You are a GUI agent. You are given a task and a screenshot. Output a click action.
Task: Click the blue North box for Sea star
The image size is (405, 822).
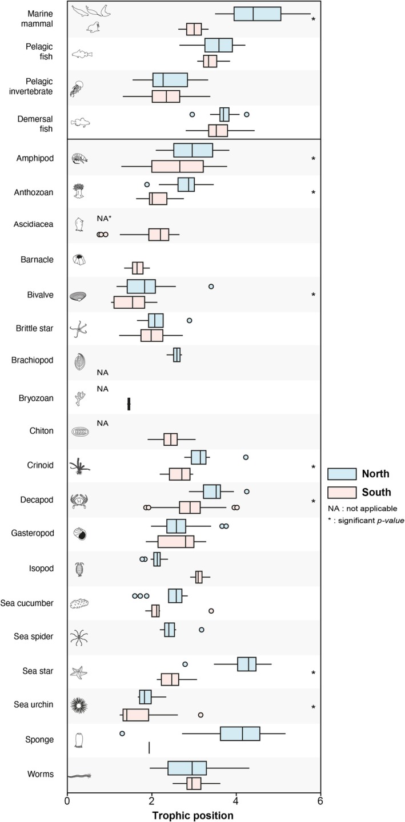point(247,664)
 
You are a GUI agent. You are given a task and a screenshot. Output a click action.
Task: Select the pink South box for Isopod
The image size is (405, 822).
point(199,577)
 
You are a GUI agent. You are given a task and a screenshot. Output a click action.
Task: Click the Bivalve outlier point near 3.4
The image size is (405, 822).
point(211,286)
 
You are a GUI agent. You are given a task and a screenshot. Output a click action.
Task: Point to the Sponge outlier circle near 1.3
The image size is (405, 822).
point(122,733)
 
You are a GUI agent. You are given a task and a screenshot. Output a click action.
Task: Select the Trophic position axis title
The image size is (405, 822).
point(193,815)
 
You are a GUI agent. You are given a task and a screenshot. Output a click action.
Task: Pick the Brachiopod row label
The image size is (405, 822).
point(34,360)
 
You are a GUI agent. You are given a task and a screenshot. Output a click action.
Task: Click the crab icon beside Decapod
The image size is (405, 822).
point(78,501)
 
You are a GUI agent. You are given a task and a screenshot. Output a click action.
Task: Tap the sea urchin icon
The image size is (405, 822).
point(78,706)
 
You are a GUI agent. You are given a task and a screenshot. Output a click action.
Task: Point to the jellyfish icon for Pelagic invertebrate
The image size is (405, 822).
point(77,88)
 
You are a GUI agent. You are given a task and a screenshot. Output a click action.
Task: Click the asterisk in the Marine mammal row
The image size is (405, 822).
point(313,20)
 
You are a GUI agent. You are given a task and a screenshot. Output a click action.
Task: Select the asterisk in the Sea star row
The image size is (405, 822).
point(313,674)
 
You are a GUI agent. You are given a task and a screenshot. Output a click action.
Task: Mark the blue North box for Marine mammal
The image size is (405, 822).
point(257,14)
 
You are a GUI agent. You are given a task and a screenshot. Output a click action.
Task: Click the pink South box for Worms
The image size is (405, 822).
point(194,783)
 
